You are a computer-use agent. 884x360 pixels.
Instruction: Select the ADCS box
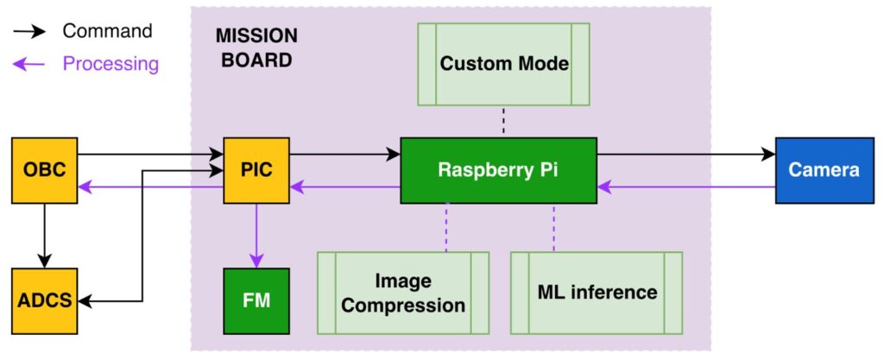tap(45, 301)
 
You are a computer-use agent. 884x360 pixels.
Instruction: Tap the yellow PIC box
tap(256, 170)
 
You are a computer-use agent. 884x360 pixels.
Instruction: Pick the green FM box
tap(256, 301)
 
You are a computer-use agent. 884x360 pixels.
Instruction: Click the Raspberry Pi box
tap(498, 170)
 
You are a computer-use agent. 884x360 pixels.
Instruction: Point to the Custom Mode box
tap(503, 64)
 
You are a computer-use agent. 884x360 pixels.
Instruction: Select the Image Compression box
tap(403, 293)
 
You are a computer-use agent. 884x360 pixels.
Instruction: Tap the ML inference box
tap(597, 293)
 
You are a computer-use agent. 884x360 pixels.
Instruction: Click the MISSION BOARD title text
tap(256, 48)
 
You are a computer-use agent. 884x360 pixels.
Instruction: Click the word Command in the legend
tap(107, 32)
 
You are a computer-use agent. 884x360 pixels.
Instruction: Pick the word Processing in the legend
tap(110, 64)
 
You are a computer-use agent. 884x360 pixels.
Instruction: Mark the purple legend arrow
tap(31, 65)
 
